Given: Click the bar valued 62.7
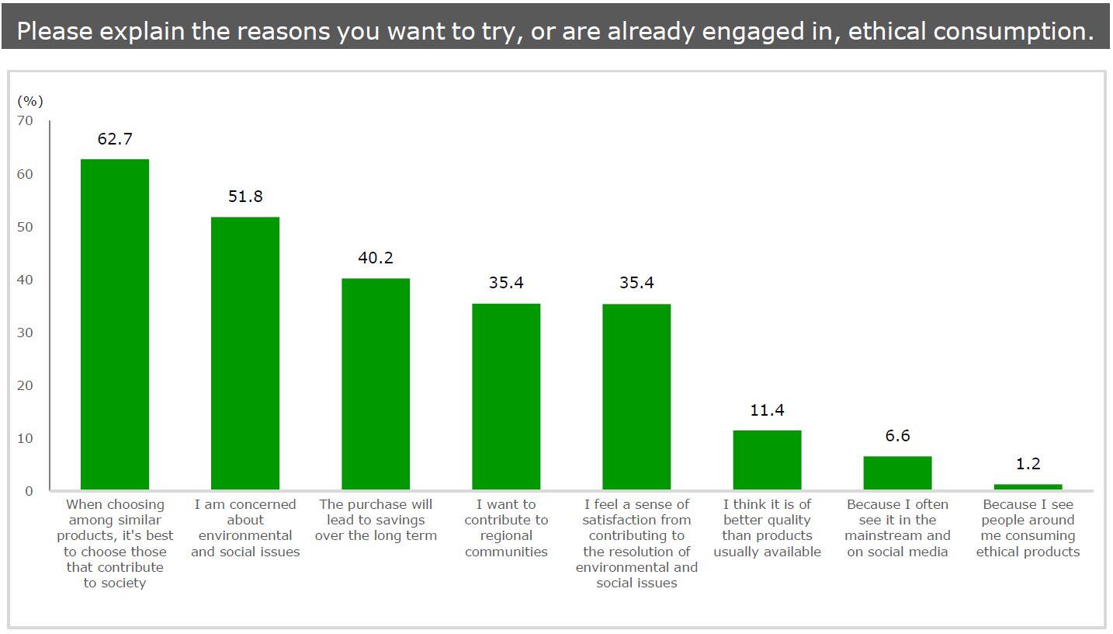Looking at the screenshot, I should tap(115, 325).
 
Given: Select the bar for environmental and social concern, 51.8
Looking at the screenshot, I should tap(245, 354).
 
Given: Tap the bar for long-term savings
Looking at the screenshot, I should tap(376, 384).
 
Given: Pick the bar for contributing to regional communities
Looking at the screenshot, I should tap(506, 397).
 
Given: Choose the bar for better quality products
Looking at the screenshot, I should tap(767, 460).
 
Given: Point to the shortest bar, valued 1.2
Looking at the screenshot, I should tap(1028, 487).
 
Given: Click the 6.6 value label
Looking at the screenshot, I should tap(897, 436).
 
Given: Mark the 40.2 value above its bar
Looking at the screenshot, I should tap(376, 258).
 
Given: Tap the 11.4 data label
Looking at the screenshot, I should tap(767, 410).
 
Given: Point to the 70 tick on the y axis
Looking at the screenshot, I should tap(26, 120).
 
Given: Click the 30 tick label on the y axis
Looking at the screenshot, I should tap(26, 333).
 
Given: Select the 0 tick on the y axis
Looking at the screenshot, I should tap(29, 491).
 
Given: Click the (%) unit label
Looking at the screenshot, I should tap(30, 101).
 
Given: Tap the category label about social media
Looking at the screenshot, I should tap(897, 528).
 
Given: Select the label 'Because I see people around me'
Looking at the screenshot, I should tap(1028, 528).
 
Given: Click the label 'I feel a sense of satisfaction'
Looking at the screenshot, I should tap(636, 544).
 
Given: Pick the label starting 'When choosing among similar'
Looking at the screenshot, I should tap(115, 544).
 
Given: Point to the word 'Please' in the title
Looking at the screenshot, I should tap(54, 31).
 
